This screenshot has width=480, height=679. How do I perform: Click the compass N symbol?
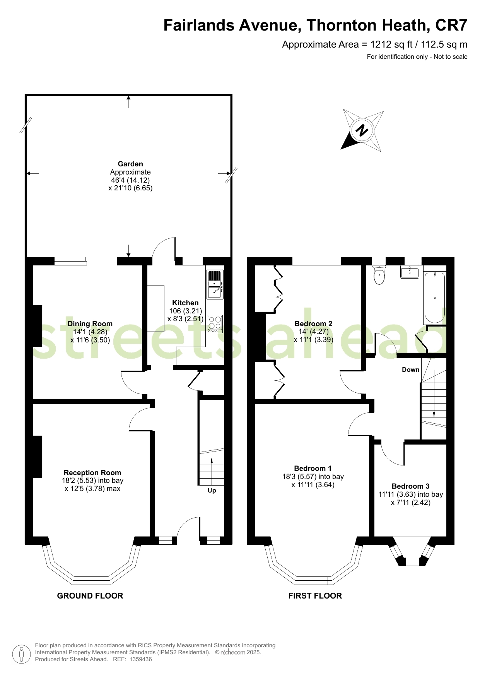pos(362,131)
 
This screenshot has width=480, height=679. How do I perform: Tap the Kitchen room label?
pos(185,303)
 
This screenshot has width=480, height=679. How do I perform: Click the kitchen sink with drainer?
pos(215,285)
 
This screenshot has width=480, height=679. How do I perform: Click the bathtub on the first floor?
pos(435,298)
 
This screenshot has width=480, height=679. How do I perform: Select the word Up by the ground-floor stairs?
pos(212,491)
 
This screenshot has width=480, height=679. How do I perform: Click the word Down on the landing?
pos(410,369)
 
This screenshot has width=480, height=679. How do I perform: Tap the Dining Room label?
pos(90,324)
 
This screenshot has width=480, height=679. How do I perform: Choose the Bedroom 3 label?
pos(410,486)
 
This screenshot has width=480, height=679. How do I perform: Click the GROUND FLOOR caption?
pos(90,596)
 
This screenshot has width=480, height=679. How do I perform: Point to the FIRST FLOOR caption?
pos(315,596)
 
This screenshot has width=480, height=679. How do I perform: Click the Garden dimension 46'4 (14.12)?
pos(130,180)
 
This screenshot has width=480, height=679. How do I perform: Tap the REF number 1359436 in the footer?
pos(140,659)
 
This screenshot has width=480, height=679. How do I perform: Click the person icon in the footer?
pos(22,654)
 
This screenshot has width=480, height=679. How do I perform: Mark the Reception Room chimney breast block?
pos(37,457)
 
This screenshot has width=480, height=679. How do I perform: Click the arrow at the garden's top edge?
pos(129,102)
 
